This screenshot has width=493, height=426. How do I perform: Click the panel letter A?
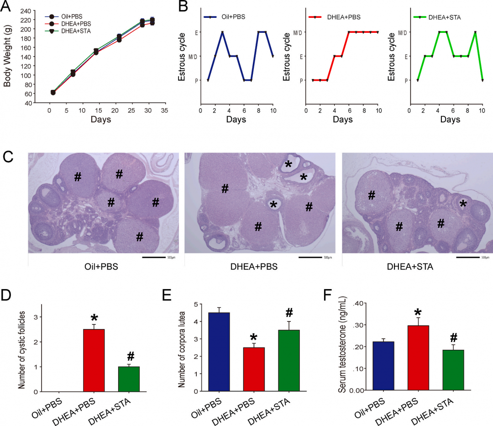[7, 7]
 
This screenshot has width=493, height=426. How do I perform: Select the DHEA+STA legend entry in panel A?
[72, 31]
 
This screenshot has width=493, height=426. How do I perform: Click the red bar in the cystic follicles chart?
[94, 360]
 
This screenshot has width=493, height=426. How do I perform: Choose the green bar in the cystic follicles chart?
[129, 379]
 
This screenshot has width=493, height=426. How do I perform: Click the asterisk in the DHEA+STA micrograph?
[464, 203]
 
